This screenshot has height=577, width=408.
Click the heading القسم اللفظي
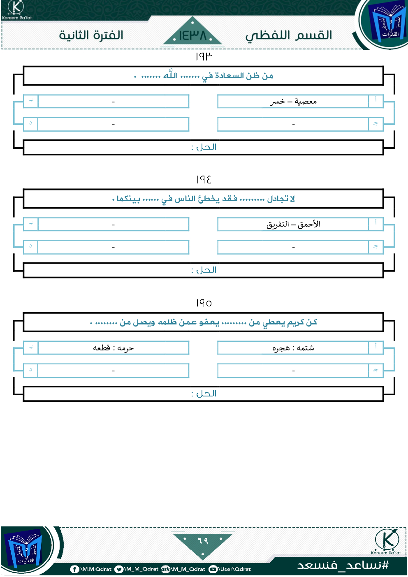point(288,35)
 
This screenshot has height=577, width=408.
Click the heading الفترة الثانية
point(91,35)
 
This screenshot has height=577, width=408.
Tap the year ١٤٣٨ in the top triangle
point(192,35)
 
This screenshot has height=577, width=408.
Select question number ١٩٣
point(204,56)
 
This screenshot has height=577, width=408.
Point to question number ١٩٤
point(204,179)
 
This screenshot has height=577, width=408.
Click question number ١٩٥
point(204,303)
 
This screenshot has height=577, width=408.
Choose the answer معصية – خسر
point(293,101)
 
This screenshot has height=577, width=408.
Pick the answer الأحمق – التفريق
point(293,224)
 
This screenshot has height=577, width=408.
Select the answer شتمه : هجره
point(293,348)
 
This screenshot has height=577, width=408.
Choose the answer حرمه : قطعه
point(114,348)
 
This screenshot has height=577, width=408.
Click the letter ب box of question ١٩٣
point(31,101)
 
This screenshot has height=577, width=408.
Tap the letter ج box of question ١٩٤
point(376,247)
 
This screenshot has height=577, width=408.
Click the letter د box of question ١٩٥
point(31,370)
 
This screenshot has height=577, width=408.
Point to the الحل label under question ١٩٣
point(204,147)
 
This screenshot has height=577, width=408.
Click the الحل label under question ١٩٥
point(204,394)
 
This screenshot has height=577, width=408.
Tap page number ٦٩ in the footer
point(203,540)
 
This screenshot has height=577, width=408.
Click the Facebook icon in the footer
point(74,569)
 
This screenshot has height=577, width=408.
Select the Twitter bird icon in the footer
point(119,569)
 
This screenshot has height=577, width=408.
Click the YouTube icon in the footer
point(213,569)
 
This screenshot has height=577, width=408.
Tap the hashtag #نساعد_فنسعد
point(343,565)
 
